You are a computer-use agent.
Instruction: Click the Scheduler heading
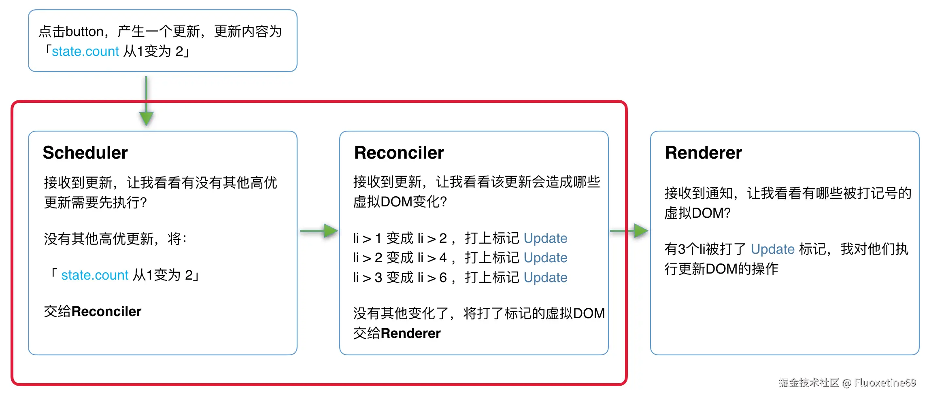coord(85,153)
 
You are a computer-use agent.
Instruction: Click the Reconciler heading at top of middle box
coord(399,153)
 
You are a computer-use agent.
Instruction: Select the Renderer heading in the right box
coord(703,153)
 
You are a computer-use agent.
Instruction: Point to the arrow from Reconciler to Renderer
coord(629,231)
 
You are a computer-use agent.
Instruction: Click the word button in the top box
coord(85,32)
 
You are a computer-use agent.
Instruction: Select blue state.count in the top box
coord(85,51)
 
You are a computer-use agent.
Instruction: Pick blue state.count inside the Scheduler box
coord(95,275)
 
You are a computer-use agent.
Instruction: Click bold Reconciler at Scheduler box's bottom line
coord(106,311)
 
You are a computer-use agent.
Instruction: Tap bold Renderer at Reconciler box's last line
coord(410,333)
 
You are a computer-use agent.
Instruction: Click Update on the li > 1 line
coord(545,238)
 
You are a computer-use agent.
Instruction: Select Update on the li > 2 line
coord(545,257)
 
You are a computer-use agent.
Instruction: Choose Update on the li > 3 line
coord(545,277)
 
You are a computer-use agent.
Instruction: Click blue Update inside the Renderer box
coord(772,249)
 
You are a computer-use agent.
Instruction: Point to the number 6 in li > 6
coord(443,278)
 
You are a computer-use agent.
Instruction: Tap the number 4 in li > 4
coord(443,258)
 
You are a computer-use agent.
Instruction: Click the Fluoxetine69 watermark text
coord(885,382)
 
